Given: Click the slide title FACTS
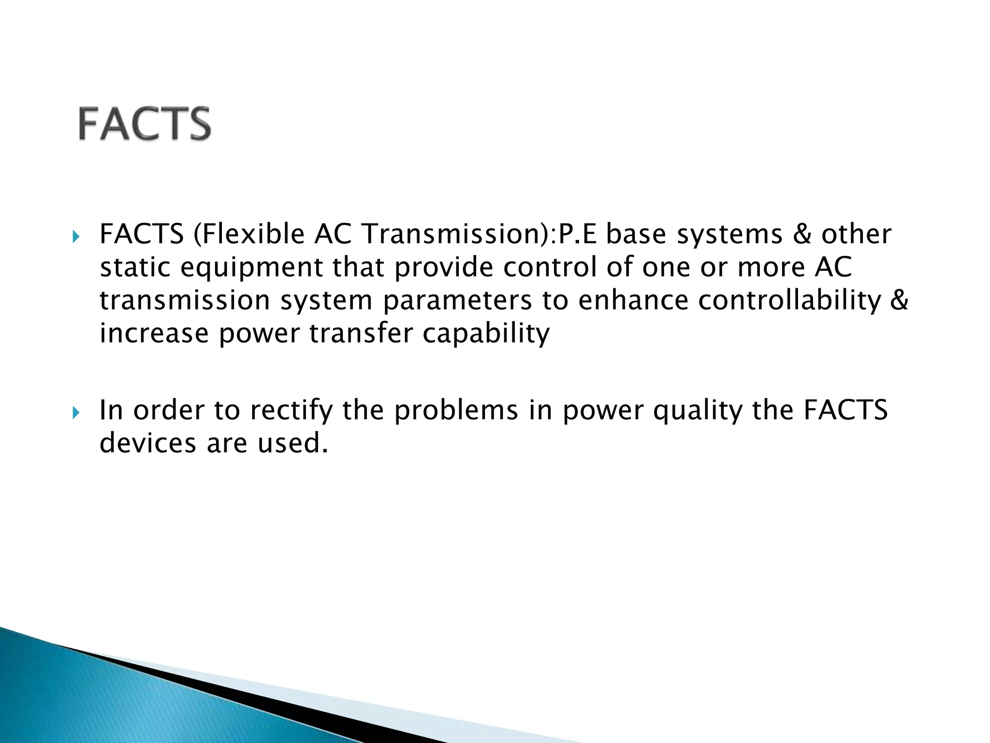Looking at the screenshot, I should click(x=145, y=124).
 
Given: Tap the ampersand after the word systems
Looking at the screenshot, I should click(x=801, y=235).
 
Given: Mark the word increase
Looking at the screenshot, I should click(x=154, y=334).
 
